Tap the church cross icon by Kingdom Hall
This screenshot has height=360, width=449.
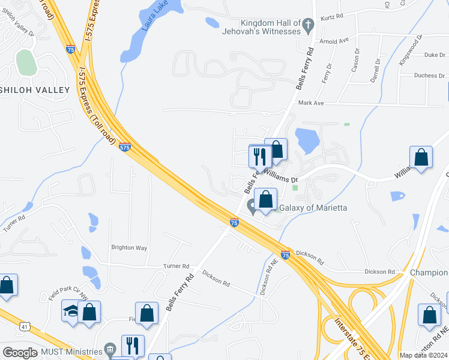(308, 26)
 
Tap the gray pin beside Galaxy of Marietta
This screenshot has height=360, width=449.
(253, 208)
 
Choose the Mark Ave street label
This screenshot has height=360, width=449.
(311, 103)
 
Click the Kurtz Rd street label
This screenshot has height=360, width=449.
(331, 17)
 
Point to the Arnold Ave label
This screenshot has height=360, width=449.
(334, 41)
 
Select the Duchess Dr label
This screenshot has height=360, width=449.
(429, 76)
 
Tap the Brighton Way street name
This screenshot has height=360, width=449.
(129, 247)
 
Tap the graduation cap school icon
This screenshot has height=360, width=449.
(71, 311)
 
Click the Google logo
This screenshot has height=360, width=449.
(20, 353)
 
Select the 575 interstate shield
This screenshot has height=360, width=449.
(124, 147)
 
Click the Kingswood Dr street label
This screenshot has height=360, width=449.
(410, 50)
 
